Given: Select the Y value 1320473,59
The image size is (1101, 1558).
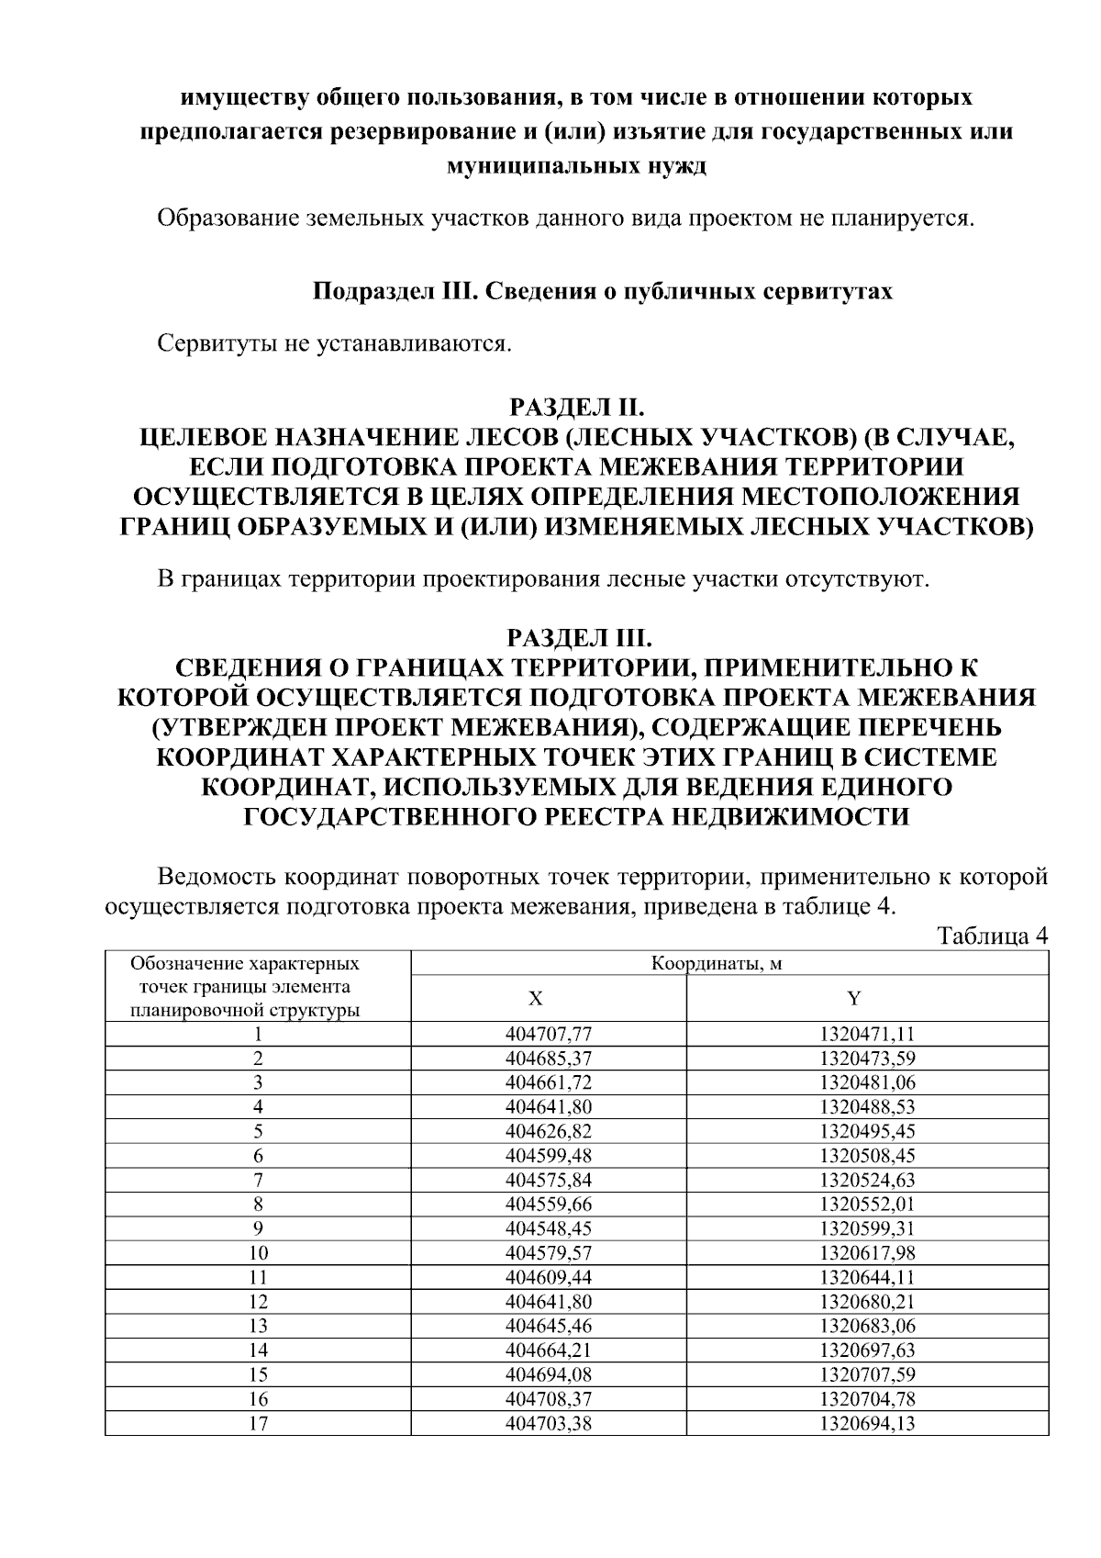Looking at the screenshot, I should pos(867,1058).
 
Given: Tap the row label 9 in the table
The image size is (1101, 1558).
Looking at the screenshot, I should pos(258,1228).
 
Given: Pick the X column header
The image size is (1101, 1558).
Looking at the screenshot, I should pos(548,998).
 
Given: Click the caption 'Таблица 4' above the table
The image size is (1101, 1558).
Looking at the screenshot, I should pos(992,936).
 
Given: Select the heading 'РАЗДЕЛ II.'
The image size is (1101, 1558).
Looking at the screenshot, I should pos(578,407).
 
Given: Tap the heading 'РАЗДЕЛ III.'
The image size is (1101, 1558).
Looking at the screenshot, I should pos(578,638).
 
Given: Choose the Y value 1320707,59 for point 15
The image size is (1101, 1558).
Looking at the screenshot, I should pos(867,1375).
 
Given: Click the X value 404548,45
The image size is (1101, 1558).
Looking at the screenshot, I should pos(548,1228).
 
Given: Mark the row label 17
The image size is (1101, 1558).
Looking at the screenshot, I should pos(258,1424).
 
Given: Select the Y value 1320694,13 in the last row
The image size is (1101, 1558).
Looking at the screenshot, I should pos(867,1424).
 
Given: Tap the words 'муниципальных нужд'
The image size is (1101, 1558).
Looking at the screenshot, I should pos(576,166).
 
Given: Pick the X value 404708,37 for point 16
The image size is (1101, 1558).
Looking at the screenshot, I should pos(548,1399).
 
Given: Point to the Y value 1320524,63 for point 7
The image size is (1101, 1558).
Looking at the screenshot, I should pos(867,1180).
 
